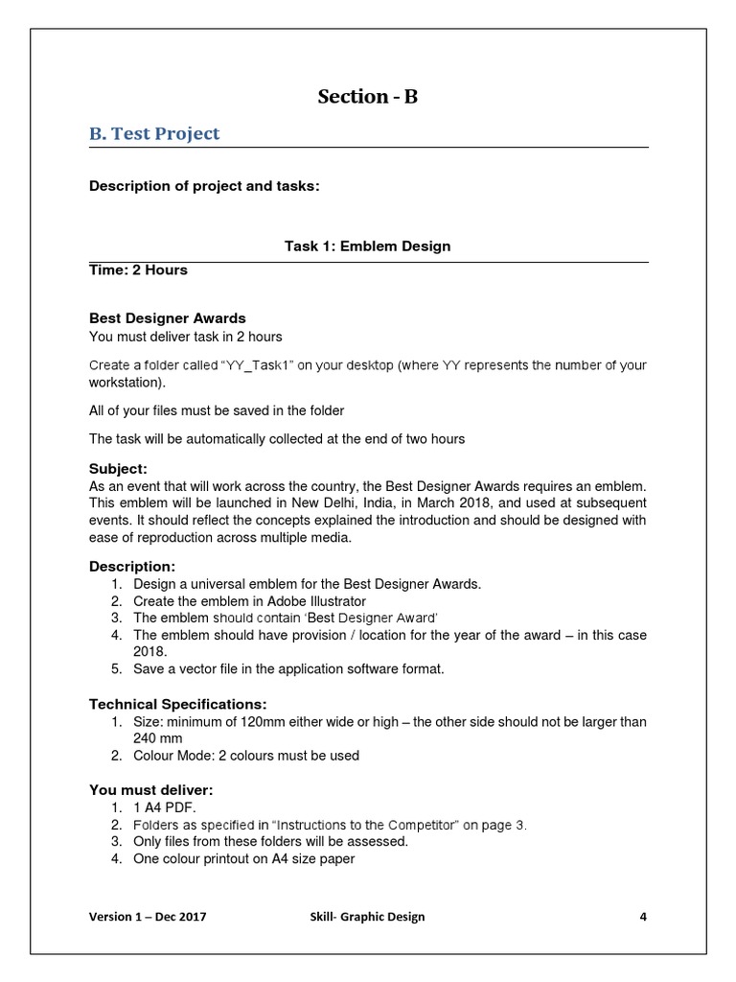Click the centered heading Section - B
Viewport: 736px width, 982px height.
368,97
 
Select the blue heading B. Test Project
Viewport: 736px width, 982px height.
154,133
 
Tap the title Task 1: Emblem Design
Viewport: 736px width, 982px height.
368,246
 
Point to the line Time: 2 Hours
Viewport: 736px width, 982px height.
138,269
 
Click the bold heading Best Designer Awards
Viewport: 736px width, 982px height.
168,317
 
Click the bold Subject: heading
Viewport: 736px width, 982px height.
119,469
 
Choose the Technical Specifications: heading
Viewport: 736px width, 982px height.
178,704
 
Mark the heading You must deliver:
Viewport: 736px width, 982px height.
151,790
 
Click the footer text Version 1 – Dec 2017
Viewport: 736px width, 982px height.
148,917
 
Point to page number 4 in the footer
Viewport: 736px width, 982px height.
643,917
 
